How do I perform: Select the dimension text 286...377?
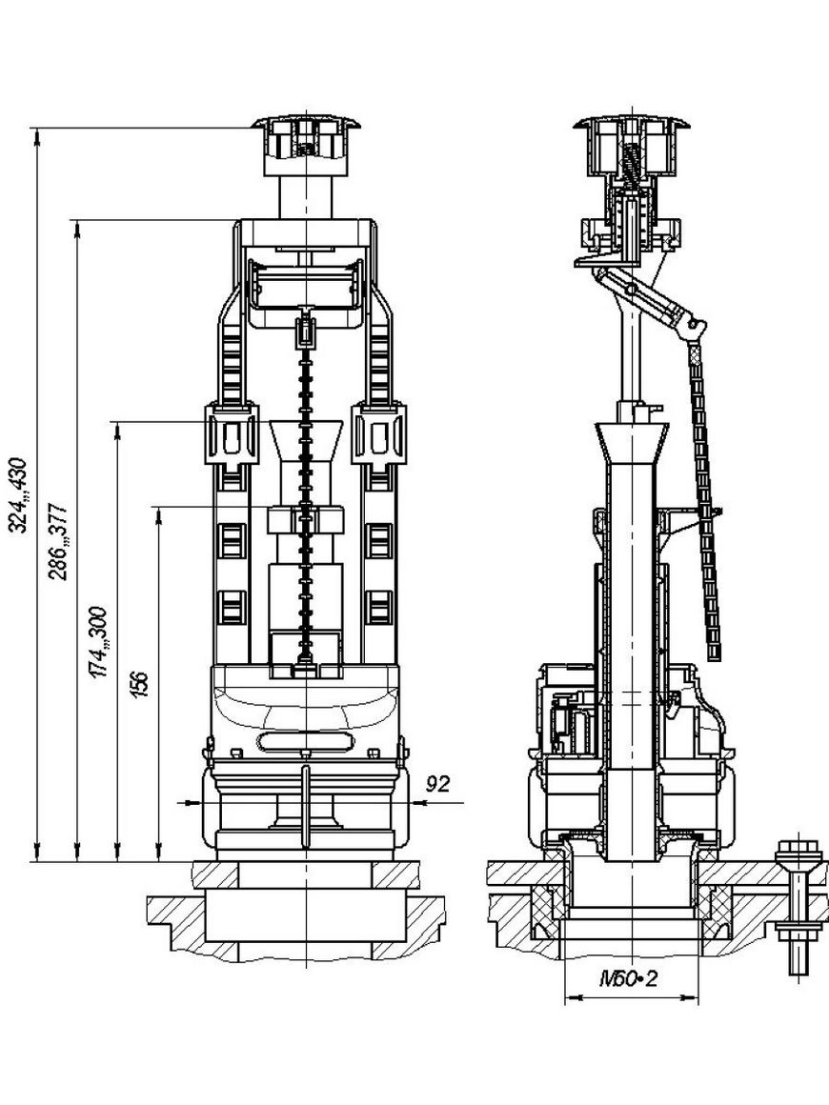click(x=58, y=541)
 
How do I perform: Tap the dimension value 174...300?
click(x=97, y=642)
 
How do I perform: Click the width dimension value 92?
click(x=438, y=784)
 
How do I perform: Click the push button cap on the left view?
click(x=307, y=147)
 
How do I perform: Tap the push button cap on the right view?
click(x=630, y=145)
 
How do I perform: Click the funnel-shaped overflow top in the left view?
click(x=306, y=441)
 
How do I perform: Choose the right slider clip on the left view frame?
click(x=380, y=434)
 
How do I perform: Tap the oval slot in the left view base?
click(x=305, y=740)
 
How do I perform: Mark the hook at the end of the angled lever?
click(x=695, y=327)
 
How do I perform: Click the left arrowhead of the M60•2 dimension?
click(x=572, y=996)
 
